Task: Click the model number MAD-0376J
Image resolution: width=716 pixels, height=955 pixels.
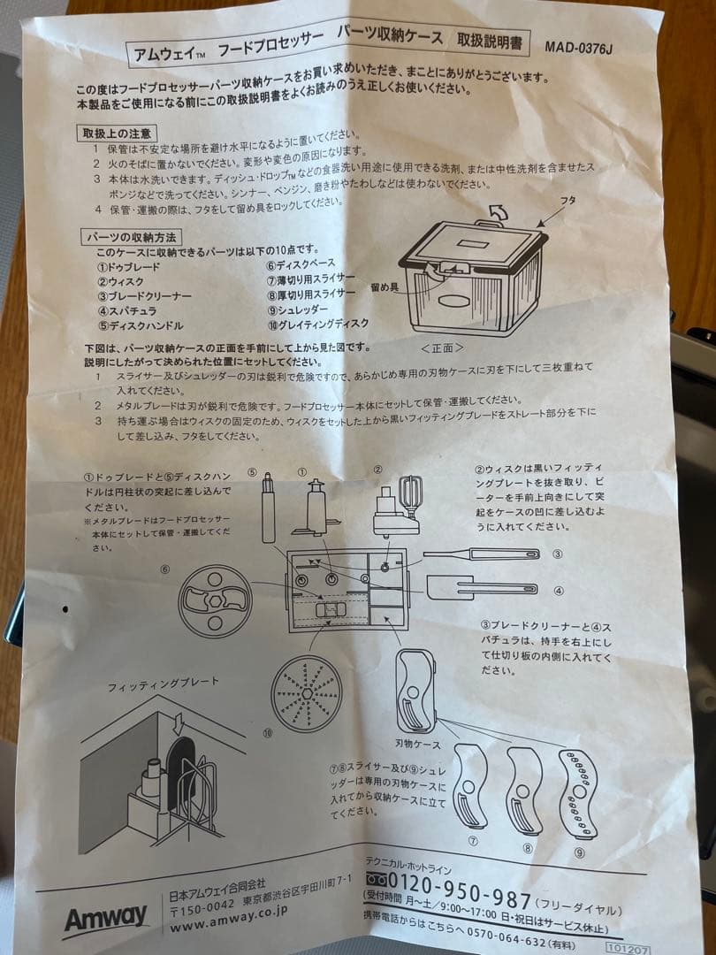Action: pos(578,48)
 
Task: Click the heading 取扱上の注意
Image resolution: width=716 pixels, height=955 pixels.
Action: pos(117,133)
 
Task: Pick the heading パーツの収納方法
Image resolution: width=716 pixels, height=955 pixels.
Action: pos(131,237)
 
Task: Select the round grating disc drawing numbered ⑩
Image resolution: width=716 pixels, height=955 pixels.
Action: pos(306,692)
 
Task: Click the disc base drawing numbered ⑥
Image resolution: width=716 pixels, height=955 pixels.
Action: pos(215,600)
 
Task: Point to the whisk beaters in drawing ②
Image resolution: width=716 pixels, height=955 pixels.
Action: pos(410,494)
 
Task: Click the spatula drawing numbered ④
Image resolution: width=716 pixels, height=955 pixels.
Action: pos(482,587)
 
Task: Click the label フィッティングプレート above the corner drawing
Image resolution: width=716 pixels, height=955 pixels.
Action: pos(163,685)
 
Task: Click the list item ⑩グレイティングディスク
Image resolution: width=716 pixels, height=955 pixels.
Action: pos(317,323)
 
